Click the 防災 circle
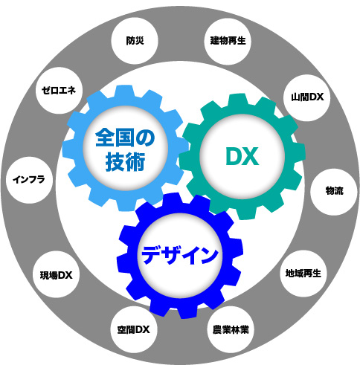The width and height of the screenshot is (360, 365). point(135,41)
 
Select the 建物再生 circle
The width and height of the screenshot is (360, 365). point(228,41)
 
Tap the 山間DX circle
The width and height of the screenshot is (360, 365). point(307,97)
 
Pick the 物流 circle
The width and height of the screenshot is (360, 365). point(334,191)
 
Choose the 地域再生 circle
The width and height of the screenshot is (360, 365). point(303,274)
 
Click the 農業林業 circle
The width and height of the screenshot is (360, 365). point(231,330)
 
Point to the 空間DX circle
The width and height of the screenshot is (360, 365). point(134,330)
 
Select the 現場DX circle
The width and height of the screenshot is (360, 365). point(57,275)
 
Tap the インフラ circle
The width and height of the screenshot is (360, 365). point(29,180)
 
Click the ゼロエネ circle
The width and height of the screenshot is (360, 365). point(59,91)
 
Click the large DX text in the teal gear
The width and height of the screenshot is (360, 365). point(242,156)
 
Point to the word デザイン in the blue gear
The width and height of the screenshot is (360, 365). point(180,254)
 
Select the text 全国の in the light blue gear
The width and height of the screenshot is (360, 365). point(125,138)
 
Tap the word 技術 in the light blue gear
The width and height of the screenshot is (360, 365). point(126,162)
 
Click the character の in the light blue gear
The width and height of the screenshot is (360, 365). point(145,138)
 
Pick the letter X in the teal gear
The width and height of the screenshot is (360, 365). point(251,156)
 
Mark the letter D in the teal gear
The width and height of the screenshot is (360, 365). point(234,156)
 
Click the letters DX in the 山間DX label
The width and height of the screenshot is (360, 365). point(316,97)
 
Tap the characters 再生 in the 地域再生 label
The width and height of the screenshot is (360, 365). point(312,274)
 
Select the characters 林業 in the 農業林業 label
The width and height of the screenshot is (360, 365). point(240,330)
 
